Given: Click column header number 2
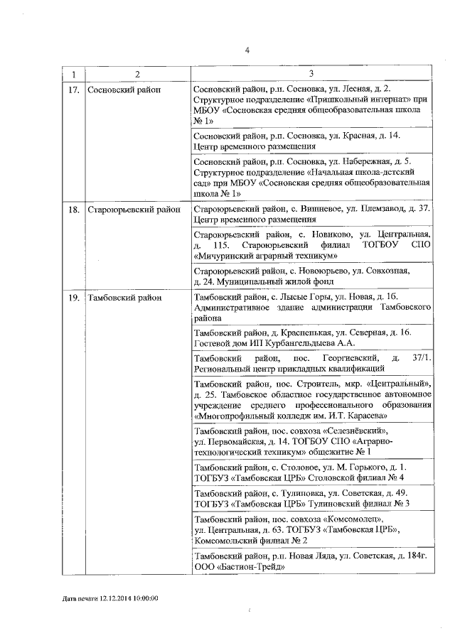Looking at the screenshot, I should [137, 75].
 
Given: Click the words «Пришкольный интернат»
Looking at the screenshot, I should [348, 100].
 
